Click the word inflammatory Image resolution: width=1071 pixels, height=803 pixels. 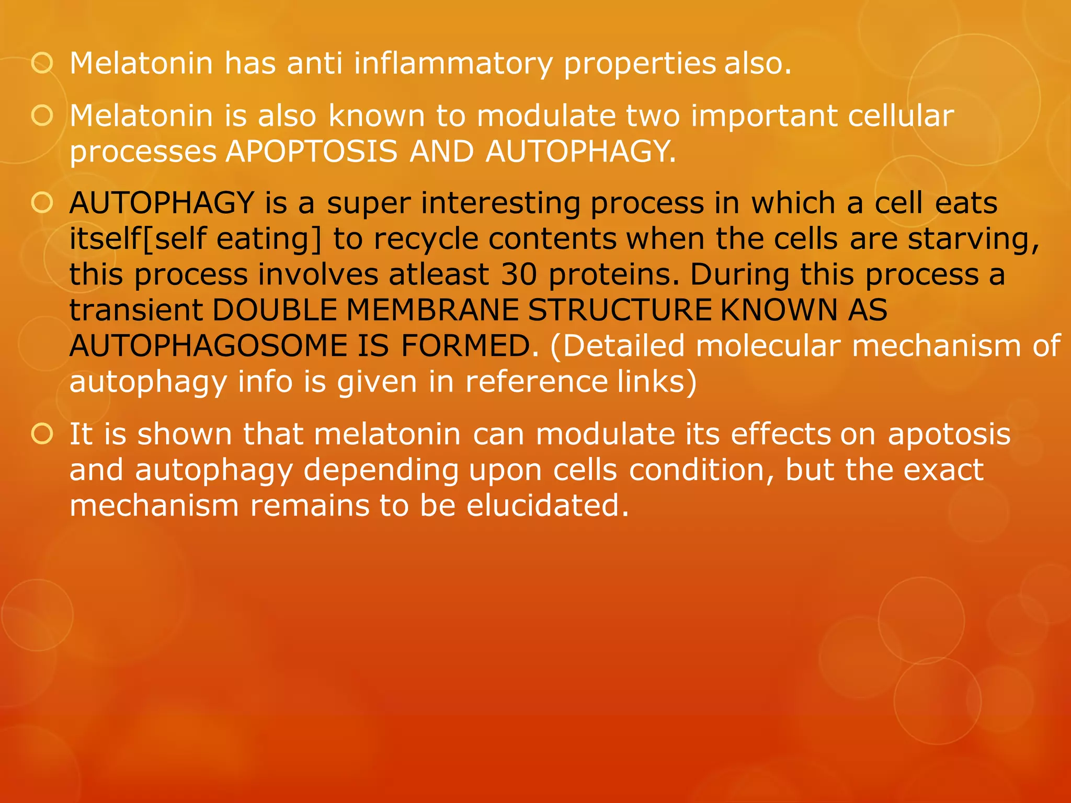(453, 64)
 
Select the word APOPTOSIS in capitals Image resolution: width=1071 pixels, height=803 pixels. (312, 152)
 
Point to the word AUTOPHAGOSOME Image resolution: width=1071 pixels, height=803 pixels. (208, 346)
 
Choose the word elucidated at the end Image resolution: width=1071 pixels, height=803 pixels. (547, 506)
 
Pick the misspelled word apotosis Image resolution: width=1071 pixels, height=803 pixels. (949, 434)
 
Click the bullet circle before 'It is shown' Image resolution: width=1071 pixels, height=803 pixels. (42, 434)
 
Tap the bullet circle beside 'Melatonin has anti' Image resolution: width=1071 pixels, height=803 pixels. (42, 64)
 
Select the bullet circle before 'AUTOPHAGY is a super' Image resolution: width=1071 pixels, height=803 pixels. (42, 203)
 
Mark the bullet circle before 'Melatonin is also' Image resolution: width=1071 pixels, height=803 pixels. (42, 116)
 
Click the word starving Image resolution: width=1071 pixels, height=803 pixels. (973, 239)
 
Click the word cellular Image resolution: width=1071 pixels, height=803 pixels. (901, 116)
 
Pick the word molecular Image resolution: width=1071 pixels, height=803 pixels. (768, 346)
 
